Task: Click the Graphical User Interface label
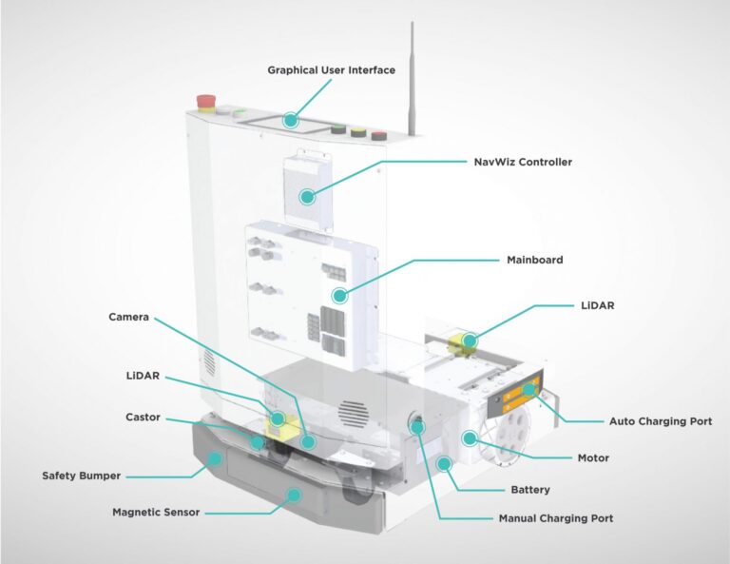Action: click(330, 69)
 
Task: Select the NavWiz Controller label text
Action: click(523, 162)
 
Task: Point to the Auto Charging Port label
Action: click(660, 420)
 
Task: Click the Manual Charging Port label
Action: click(556, 518)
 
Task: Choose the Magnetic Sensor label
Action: click(156, 512)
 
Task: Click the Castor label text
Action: click(143, 417)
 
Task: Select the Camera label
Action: click(128, 316)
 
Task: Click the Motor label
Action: click(593, 457)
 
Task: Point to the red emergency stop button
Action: click(204, 100)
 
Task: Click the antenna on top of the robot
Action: click(413, 76)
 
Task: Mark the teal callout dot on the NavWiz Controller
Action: click(307, 197)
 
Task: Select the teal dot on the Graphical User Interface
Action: click(291, 121)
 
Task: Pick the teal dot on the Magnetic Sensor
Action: click(296, 494)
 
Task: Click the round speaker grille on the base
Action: click(353, 412)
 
